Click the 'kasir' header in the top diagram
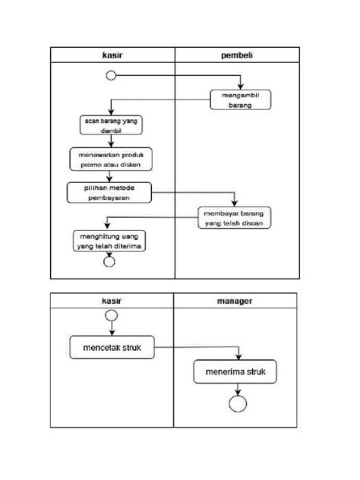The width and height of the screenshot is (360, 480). [x=112, y=55]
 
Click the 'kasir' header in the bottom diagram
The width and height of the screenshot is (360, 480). [x=112, y=301]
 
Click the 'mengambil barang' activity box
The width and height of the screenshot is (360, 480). [x=241, y=100]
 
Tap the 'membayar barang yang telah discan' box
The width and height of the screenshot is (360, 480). [x=235, y=217]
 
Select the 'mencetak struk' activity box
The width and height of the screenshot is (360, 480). [x=111, y=348]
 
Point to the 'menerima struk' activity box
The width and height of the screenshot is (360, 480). [x=235, y=373]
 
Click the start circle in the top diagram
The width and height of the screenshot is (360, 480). [x=111, y=75]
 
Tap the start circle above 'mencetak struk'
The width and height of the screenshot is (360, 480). [x=111, y=315]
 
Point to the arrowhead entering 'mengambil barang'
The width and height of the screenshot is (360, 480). [x=242, y=87]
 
